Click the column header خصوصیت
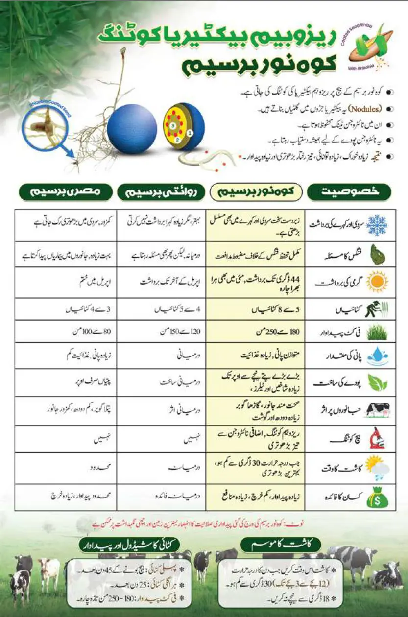click(x=349, y=191)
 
